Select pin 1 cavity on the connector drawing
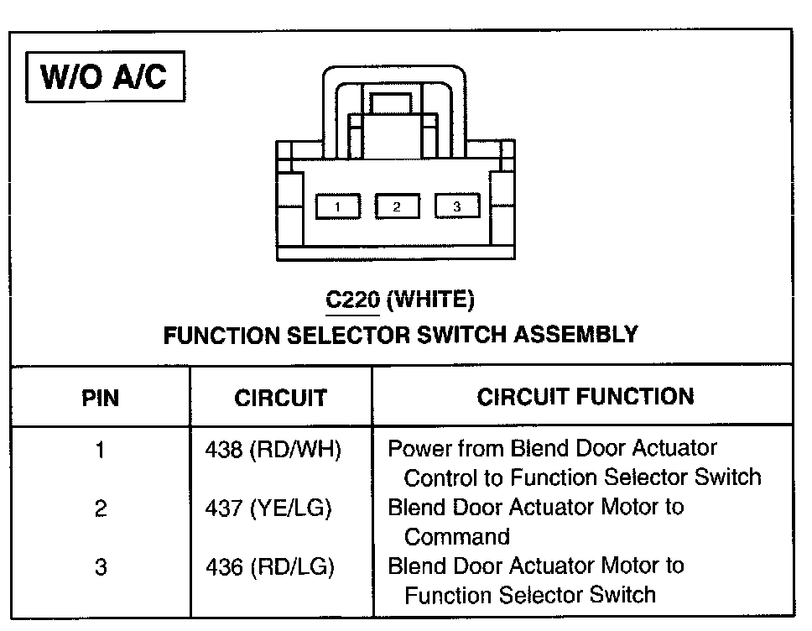(x=337, y=206)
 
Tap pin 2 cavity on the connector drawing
(x=397, y=206)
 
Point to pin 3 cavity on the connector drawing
(x=456, y=206)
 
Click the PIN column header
(x=100, y=397)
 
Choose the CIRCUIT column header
(x=280, y=397)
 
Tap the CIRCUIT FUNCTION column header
(x=586, y=396)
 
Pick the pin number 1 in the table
(x=100, y=451)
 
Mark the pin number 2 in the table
(x=100, y=508)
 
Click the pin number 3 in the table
(x=100, y=567)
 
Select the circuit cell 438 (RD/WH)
(x=273, y=451)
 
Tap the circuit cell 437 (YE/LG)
(x=269, y=508)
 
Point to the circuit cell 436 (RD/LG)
(x=270, y=567)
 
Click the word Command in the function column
(x=457, y=537)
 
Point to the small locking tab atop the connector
(x=391, y=104)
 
